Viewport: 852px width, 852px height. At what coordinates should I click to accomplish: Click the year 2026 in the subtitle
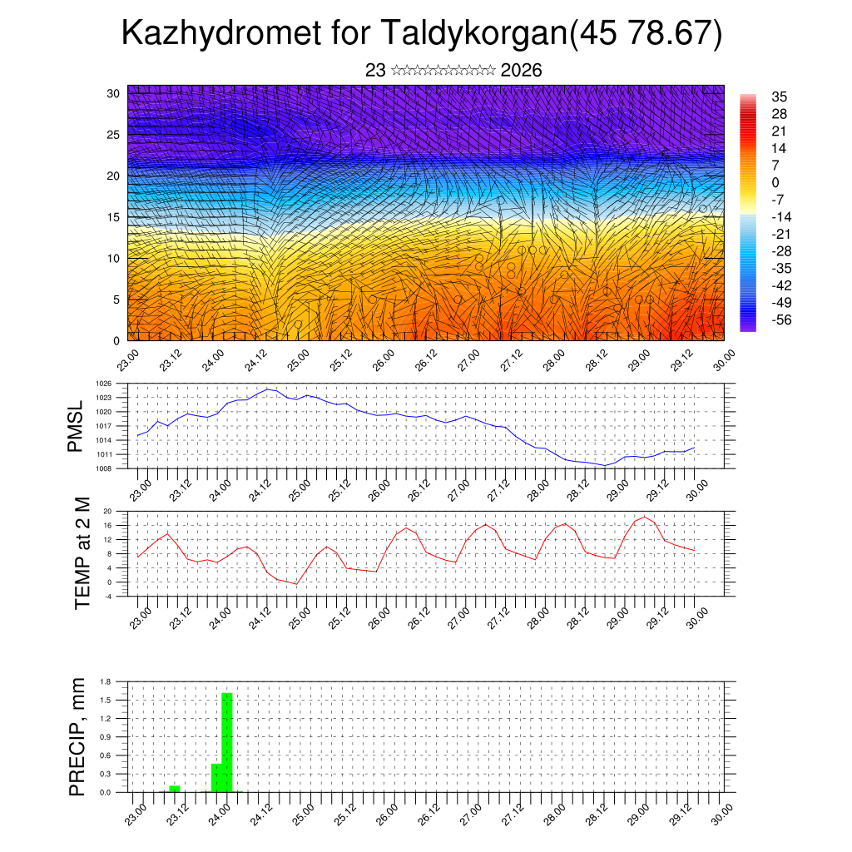522,71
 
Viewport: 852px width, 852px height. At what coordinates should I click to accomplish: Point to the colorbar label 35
780,97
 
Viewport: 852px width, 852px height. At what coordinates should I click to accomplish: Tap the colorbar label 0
776,182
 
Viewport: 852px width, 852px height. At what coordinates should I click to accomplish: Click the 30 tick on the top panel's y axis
113,93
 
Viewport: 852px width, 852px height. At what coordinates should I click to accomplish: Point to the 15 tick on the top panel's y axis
113,217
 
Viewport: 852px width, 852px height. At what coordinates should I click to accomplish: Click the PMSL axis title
76,426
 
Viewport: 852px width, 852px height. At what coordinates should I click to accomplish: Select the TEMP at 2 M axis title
82,553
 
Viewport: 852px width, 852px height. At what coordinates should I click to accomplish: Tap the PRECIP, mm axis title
77,736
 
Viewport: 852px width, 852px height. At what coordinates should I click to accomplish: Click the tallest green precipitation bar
226,742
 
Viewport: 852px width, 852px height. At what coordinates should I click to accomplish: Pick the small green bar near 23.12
174,788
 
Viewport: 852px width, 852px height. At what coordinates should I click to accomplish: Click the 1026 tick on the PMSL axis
103,384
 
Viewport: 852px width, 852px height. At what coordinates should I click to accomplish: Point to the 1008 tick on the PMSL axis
103,468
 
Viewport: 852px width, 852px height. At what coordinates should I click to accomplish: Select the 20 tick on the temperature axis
107,511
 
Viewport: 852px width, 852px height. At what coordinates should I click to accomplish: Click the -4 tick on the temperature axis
107,596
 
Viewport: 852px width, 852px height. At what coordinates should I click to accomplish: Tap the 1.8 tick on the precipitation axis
106,681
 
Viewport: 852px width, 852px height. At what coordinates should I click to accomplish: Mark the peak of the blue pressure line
268,389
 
